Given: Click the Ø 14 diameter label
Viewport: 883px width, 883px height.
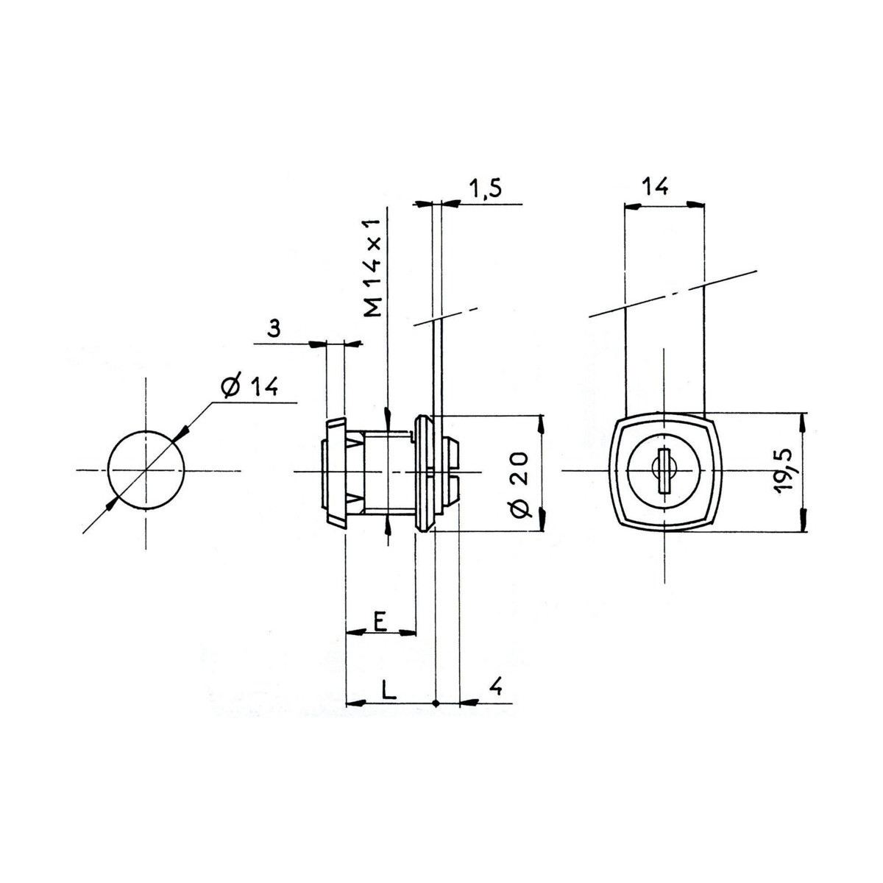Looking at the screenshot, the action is pos(249,387).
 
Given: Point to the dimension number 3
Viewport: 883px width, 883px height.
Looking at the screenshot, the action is pos(274,328).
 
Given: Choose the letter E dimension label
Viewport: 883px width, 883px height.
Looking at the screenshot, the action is pos(379,623).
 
